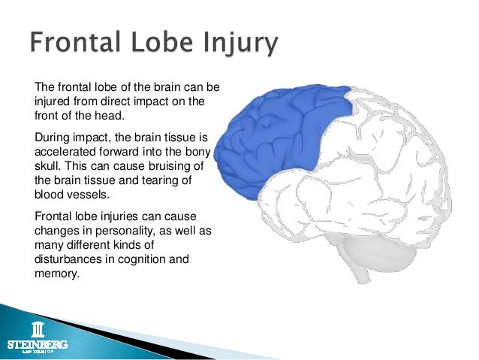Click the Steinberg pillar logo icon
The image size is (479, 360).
(36, 329)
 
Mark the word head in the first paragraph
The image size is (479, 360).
(110, 115)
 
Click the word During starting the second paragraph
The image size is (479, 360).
(52, 138)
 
